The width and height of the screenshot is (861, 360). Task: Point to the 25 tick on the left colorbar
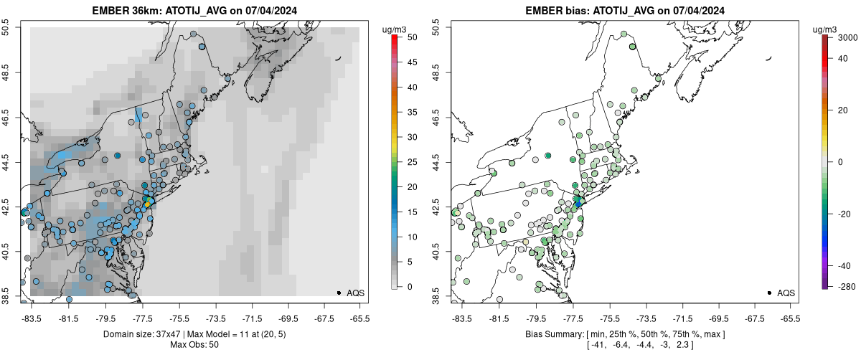point(408,162)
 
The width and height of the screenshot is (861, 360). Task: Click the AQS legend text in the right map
point(786,293)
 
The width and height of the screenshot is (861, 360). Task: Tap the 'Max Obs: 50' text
point(194,345)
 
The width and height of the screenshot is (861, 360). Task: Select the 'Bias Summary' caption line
point(624,334)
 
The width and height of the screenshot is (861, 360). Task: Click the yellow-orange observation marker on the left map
point(148,204)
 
